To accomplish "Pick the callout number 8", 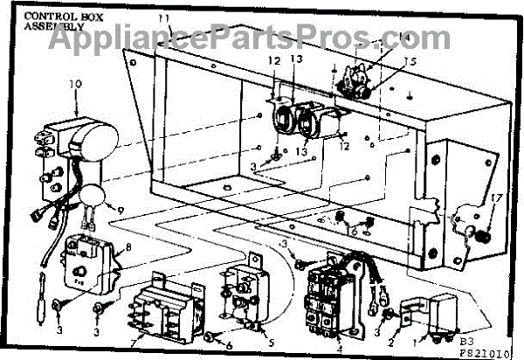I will click(x=131, y=248).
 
